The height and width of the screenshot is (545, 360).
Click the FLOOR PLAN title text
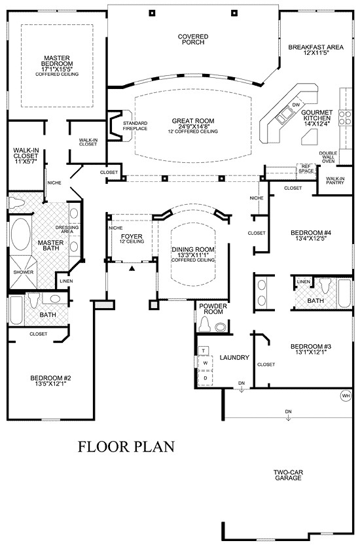click(127, 448)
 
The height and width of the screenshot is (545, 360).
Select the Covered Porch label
click(194, 39)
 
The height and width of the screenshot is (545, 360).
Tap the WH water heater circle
click(345, 395)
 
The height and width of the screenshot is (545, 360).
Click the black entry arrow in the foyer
click(132, 268)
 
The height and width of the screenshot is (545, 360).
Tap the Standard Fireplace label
click(135, 126)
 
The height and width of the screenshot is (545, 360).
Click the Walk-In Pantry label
click(335, 181)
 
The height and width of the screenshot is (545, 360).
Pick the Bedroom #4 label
click(309, 235)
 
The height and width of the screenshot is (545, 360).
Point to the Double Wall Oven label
click(328, 157)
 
